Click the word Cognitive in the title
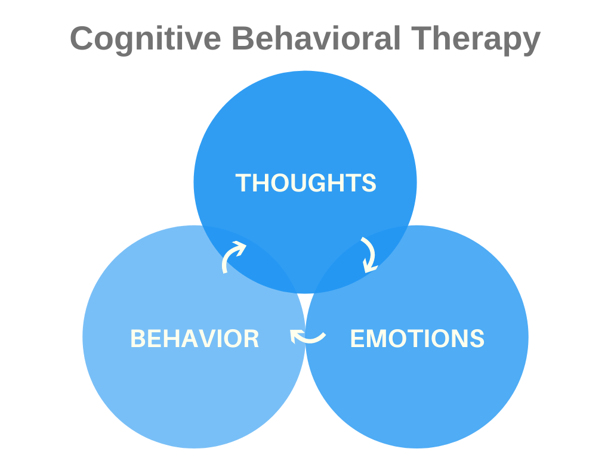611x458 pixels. pos(146,39)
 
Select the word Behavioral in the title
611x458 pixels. pos(316,38)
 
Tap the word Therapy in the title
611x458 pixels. pos(476,39)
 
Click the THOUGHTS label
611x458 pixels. pos(306,182)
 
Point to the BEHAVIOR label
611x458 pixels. pos(195,339)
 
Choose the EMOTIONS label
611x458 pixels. pos(417,338)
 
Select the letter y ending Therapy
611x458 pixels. pos(530,43)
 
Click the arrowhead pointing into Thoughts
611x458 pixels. pos(240,247)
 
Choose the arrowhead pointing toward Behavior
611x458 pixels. pos(295,336)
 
